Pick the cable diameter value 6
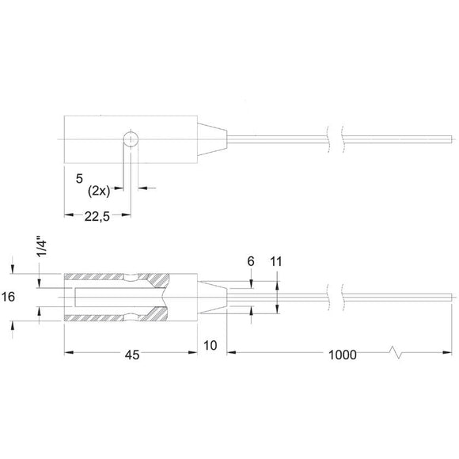[x=252, y=260]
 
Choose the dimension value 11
[x=278, y=260]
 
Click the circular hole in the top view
[x=131, y=139]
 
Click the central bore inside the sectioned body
[x=119, y=297]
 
